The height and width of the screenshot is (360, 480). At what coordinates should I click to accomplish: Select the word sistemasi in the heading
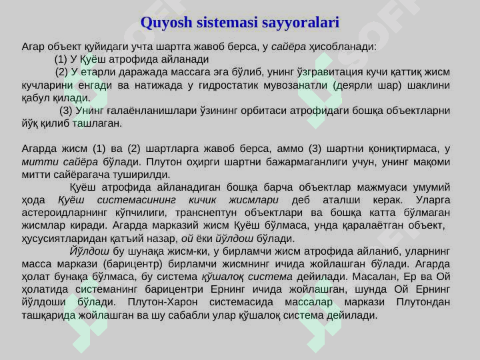[x=229, y=23]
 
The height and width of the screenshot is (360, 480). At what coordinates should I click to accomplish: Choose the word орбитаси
[x=282, y=111]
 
